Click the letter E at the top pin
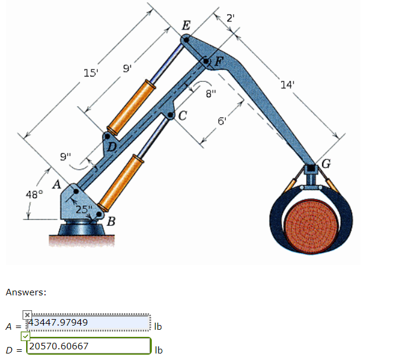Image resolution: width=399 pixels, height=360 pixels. click(187, 26)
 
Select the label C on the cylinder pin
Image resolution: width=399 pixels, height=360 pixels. click(182, 115)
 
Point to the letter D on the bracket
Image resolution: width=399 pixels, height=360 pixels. click(111, 146)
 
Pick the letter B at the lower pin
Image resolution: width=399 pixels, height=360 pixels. click(110, 222)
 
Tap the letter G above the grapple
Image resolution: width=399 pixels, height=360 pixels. click(327, 164)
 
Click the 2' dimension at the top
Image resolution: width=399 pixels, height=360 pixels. click(231, 18)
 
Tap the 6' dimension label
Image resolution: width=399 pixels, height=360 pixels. click(222, 121)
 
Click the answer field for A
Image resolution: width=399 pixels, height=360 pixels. click(89, 323)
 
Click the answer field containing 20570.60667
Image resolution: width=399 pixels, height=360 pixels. click(89, 346)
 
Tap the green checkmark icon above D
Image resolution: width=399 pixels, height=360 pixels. click(24, 336)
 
